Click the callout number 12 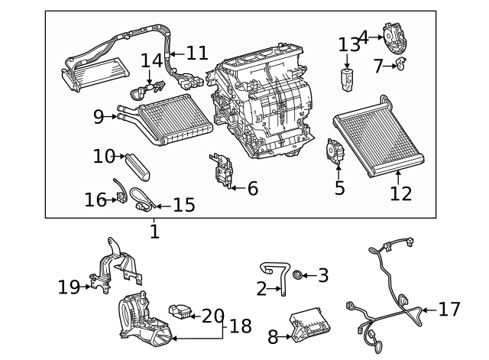[x=400, y=193]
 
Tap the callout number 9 [x=99, y=117]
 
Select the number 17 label [x=450, y=310]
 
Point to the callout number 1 [x=154, y=230]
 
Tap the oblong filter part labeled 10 [x=140, y=163]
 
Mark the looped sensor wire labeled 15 [x=142, y=198]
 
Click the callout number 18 [x=240, y=326]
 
